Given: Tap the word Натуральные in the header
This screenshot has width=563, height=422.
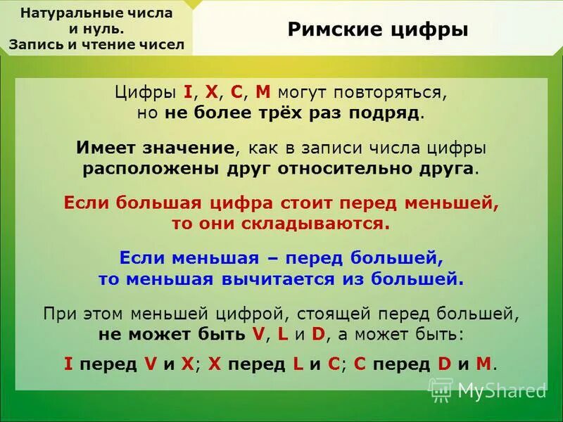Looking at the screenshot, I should (x=66, y=13).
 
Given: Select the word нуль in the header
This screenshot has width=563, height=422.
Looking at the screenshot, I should (x=106, y=29).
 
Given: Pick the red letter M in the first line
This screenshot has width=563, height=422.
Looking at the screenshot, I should (x=262, y=93).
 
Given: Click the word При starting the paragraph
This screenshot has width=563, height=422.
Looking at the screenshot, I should (x=58, y=313).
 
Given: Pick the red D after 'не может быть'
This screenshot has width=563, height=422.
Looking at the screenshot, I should (x=317, y=334).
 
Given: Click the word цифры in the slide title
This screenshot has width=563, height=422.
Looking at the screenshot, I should (x=432, y=30).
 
